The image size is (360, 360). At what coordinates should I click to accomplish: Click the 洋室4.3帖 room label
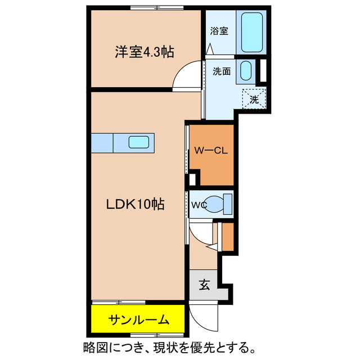(144, 52)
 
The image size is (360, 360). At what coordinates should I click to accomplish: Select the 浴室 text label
(219, 31)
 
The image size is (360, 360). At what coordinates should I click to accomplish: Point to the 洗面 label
(221, 71)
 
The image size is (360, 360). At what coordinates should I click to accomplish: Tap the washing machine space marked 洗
(254, 100)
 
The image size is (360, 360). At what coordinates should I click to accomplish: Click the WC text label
(200, 204)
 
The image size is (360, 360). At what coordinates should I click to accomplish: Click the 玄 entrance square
(204, 285)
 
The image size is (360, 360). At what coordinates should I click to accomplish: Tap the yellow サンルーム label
(138, 320)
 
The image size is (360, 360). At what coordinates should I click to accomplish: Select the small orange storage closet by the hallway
(227, 237)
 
